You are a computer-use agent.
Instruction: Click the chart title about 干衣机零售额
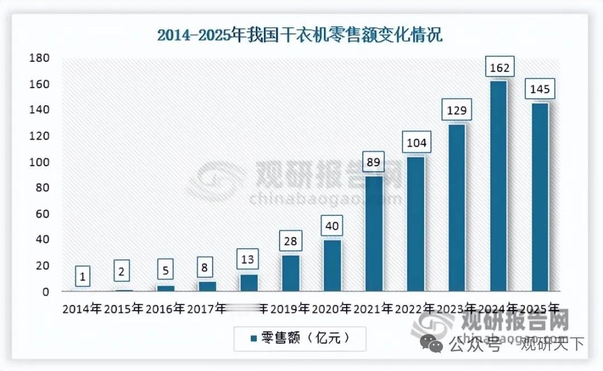click(300, 35)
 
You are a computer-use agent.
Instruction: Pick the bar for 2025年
click(539, 197)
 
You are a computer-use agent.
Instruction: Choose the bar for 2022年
click(415, 224)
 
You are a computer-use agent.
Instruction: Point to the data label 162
click(500, 68)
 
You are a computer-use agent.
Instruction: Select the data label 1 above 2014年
click(82, 276)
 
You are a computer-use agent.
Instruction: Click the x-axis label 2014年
click(82, 309)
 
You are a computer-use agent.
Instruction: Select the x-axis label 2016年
click(165, 309)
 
